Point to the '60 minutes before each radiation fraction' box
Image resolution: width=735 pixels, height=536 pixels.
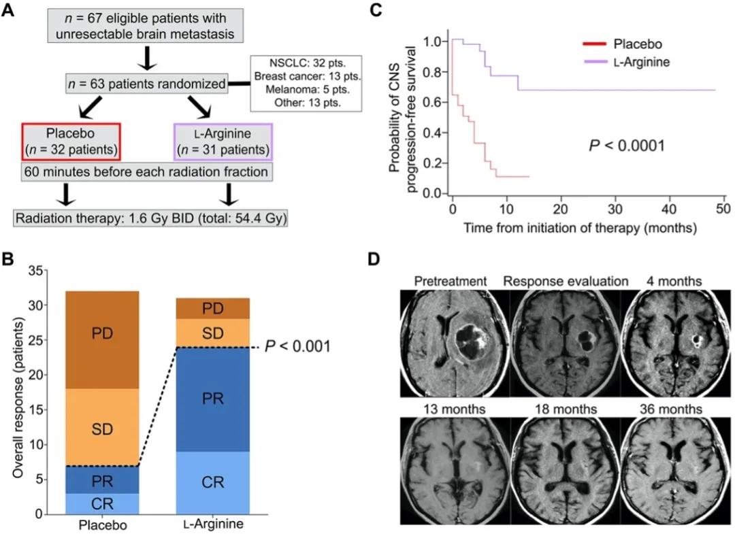tap(146, 172)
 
